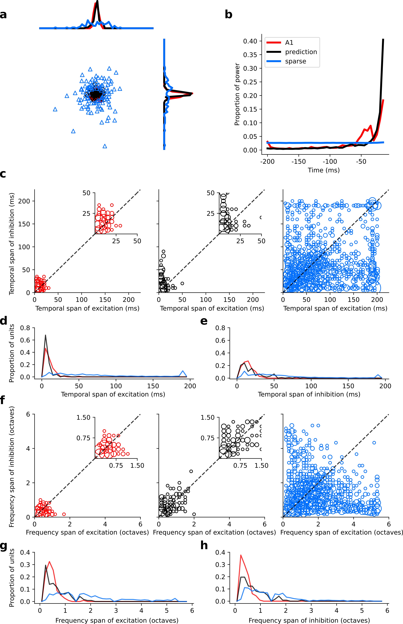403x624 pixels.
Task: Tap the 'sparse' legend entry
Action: pos(295,61)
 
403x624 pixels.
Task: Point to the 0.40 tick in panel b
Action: pos(250,41)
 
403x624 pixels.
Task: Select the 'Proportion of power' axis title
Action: pos(237,94)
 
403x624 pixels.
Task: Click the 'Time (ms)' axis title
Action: pos(324,170)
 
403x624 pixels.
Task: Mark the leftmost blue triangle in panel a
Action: pos(55,109)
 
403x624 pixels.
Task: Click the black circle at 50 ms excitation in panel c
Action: pos(182,283)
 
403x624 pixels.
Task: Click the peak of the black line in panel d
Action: pos(46,335)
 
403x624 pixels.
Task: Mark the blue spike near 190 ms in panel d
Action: pos(183,371)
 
